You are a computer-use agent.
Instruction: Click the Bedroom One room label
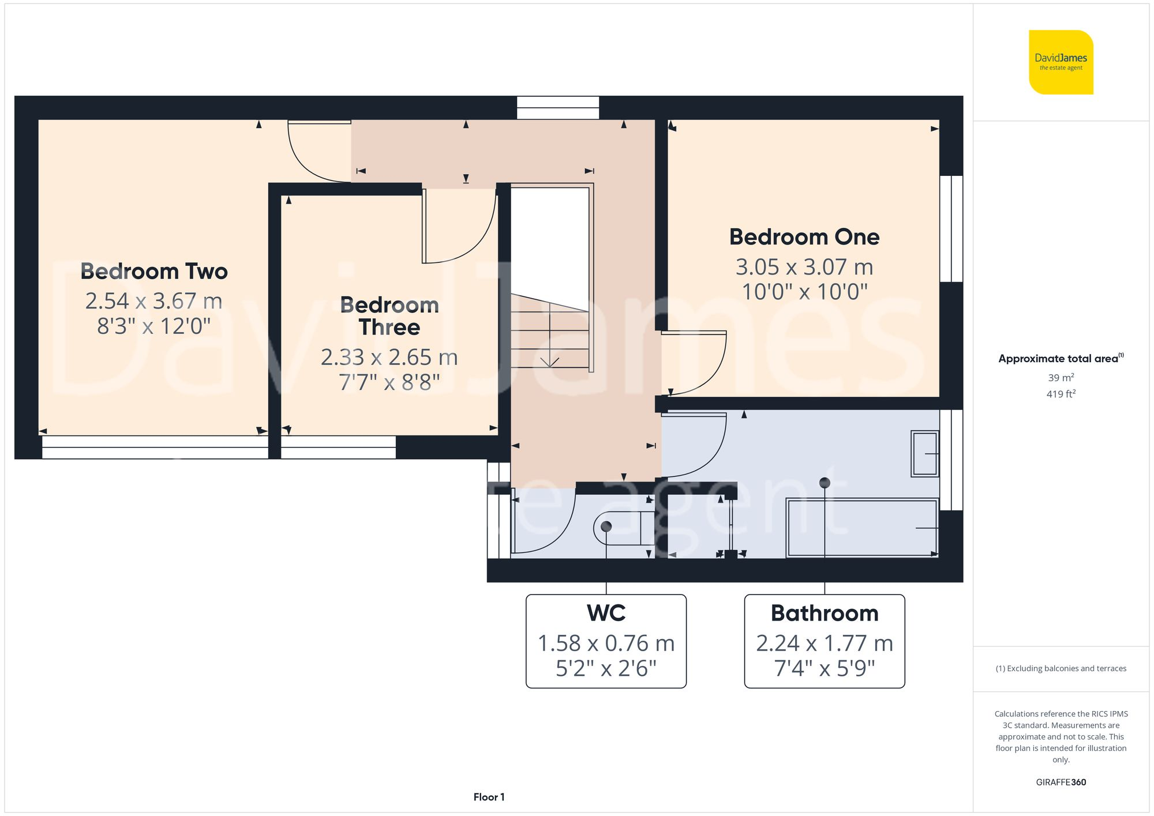coord(804,237)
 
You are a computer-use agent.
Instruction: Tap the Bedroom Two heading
coord(154,271)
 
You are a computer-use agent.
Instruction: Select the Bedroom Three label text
coord(389,316)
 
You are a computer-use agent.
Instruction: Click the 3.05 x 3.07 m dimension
coord(804,267)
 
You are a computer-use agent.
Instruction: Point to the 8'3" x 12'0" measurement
coord(154,326)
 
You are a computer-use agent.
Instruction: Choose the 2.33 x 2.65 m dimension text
coord(389,358)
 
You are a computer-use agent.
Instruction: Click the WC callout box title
coord(606,613)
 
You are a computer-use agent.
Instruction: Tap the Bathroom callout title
coord(824,613)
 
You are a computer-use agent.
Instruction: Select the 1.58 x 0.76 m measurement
coord(606,644)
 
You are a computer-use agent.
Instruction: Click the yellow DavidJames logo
coord(1061,62)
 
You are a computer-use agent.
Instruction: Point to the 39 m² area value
coord(1061,378)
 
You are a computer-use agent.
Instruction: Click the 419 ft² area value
coord(1061,394)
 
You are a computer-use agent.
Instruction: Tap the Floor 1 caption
coord(489,797)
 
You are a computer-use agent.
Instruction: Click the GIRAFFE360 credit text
coord(1061,783)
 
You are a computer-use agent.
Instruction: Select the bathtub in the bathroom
coord(861,528)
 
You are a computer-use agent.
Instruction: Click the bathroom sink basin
coord(924,454)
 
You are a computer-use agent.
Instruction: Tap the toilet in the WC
coord(623,528)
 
